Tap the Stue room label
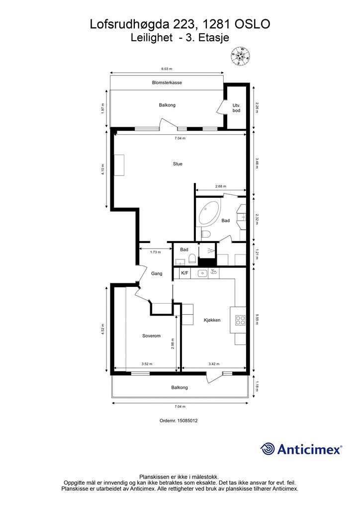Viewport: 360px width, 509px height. [178, 164]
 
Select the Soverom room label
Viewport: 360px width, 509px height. [151, 336]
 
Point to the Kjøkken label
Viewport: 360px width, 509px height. [212, 320]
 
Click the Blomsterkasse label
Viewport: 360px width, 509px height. [167, 83]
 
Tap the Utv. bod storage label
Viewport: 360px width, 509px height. [236, 108]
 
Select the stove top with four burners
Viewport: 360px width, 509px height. [241, 321]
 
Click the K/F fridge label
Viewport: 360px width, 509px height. [184, 273]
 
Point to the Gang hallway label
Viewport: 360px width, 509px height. [157, 274]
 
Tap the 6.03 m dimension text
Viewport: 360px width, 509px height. [167, 69]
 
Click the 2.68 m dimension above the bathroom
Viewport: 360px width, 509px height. [221, 186]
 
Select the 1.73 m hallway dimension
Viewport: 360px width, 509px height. [156, 252]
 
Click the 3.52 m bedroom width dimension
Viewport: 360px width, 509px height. [147, 364]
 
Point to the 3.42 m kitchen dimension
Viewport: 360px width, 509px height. [214, 364]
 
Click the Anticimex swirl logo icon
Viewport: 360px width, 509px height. [268, 449]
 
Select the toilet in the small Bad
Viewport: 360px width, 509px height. [192, 258]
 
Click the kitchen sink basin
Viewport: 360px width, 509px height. [203, 273]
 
